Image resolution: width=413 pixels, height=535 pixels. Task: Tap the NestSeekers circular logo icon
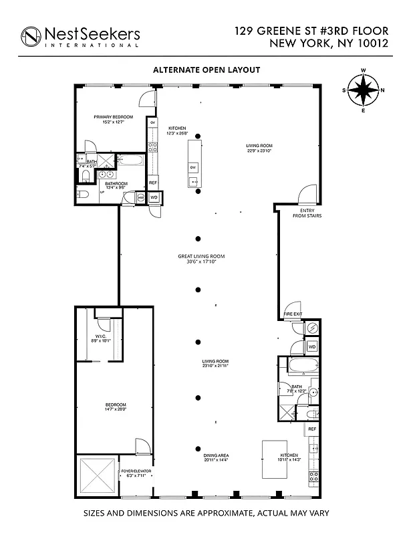coord(31,36)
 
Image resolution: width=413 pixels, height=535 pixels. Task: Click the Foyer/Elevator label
coord(136,473)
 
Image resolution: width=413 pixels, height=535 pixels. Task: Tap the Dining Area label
coord(217,457)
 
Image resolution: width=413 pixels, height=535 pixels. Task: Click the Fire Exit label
coord(293,314)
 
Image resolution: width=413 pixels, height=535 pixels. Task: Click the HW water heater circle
coord(141,198)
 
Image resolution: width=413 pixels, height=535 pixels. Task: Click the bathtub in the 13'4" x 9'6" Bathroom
coord(130,161)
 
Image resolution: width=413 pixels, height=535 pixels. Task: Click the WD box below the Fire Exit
coord(311,346)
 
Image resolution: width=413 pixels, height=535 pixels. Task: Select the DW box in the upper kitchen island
coord(193,167)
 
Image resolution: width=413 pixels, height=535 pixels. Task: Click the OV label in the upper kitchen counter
coord(152,124)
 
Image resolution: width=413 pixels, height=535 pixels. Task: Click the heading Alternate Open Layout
coord(206,70)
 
